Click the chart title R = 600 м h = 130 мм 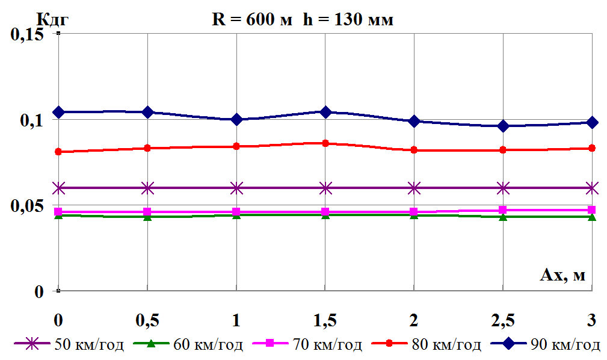[x=303, y=20]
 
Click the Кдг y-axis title [x=53, y=19]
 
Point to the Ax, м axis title [x=562, y=276]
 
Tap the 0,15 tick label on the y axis [x=28, y=34]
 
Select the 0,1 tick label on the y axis [x=34, y=120]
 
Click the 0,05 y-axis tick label [x=28, y=206]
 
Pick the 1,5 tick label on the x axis [x=325, y=320]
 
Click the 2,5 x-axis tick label [x=503, y=320]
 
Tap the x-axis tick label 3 [x=592, y=320]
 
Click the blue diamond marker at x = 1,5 [x=325, y=112]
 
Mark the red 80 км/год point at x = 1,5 [x=325, y=143]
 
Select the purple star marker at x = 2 [x=414, y=188]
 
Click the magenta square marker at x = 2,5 [x=503, y=210]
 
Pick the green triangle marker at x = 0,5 [x=147, y=216]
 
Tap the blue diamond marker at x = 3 [x=592, y=122]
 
